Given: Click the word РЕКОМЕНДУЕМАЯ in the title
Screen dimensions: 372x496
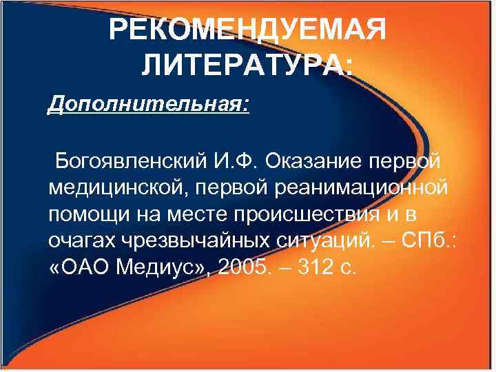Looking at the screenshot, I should tap(247, 30).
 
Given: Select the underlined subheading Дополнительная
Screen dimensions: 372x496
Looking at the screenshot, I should tap(146, 105).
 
